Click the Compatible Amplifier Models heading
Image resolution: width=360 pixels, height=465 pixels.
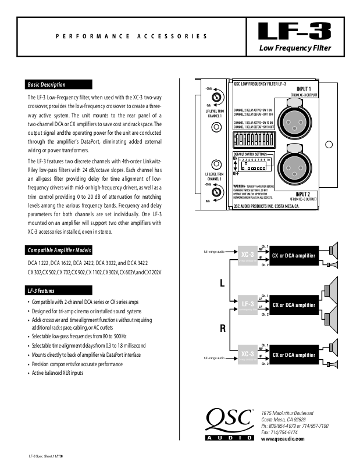pos(60,251)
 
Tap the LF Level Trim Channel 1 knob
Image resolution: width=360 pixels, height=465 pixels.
pos(216,96)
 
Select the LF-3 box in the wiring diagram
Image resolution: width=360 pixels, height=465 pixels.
pos(247,305)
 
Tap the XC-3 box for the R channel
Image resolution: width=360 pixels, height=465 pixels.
pos(247,355)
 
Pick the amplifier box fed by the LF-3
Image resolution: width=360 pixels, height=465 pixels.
pos(294,305)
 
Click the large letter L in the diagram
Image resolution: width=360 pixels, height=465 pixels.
pos(222,284)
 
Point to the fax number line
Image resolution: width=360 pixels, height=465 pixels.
pos(280,432)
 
